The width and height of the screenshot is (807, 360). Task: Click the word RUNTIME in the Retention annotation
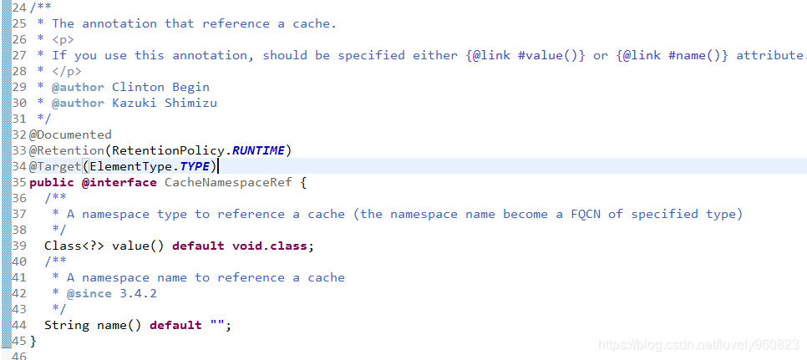(258, 150)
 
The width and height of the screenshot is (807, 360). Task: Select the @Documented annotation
(70, 134)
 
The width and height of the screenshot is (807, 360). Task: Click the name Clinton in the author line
(138, 87)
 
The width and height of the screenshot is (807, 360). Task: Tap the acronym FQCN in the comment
(586, 214)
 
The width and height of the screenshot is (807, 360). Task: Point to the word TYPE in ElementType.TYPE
(195, 166)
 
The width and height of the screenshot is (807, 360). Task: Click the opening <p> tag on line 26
(63, 39)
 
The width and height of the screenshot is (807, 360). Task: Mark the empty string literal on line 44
(217, 325)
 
